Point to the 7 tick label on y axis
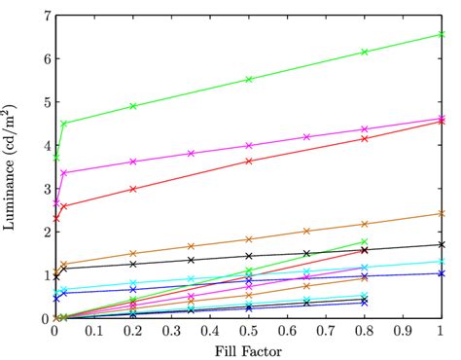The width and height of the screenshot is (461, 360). (x=45, y=16)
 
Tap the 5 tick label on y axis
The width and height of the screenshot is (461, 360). (x=45, y=102)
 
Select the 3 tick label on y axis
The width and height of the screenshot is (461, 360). (x=45, y=189)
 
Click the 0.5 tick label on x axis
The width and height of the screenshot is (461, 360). (x=249, y=332)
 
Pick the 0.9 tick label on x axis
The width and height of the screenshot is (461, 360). (x=403, y=332)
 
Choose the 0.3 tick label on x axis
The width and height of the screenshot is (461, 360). (x=171, y=332)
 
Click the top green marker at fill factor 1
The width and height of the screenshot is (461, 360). (x=442, y=34)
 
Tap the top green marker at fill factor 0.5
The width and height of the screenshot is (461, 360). (x=249, y=79)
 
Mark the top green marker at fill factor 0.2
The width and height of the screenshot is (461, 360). (x=133, y=106)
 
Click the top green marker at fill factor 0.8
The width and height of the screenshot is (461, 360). (x=365, y=52)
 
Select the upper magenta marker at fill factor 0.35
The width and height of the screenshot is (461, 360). (x=191, y=153)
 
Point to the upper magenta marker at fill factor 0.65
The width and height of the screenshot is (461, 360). (x=306, y=136)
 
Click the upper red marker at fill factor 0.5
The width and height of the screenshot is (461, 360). (x=249, y=161)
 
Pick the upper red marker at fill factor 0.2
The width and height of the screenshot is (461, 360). (x=133, y=189)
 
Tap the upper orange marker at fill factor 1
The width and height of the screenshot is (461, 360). (x=442, y=213)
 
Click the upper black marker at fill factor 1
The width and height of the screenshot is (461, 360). (x=442, y=244)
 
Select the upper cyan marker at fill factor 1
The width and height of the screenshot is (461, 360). (x=442, y=261)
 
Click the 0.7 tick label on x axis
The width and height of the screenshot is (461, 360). (x=326, y=332)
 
